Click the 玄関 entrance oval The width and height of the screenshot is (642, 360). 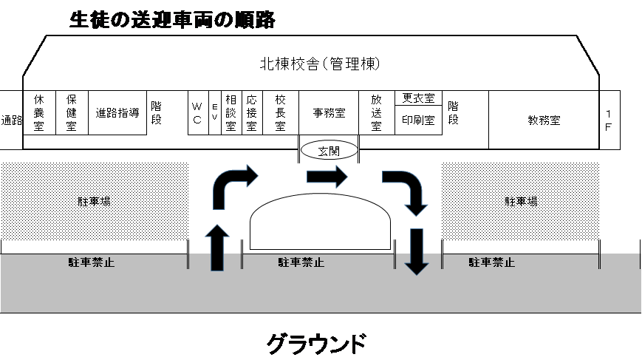point(329,151)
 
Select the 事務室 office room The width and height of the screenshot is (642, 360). point(329,112)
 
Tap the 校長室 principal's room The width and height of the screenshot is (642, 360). point(281,112)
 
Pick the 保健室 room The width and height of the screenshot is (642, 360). point(72,112)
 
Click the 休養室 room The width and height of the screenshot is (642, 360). point(39,112)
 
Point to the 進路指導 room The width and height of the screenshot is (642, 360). point(117,112)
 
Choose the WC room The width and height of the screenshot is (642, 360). point(198,112)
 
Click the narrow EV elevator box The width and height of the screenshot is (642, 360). point(215,112)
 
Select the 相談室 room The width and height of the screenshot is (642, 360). point(231,112)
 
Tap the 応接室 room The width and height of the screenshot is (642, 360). point(252,112)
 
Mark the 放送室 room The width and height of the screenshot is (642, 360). point(377,112)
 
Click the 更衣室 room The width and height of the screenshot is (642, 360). point(418,98)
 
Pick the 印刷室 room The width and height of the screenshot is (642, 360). point(418,120)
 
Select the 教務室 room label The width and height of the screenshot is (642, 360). point(544,120)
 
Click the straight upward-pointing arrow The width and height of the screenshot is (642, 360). point(217,248)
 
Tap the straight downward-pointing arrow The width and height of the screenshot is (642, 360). point(417,251)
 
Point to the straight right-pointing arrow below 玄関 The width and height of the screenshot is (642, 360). point(327,177)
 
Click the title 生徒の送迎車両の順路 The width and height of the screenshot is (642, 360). point(172,20)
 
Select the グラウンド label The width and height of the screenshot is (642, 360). point(316,343)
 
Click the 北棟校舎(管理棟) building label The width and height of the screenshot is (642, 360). point(320,64)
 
